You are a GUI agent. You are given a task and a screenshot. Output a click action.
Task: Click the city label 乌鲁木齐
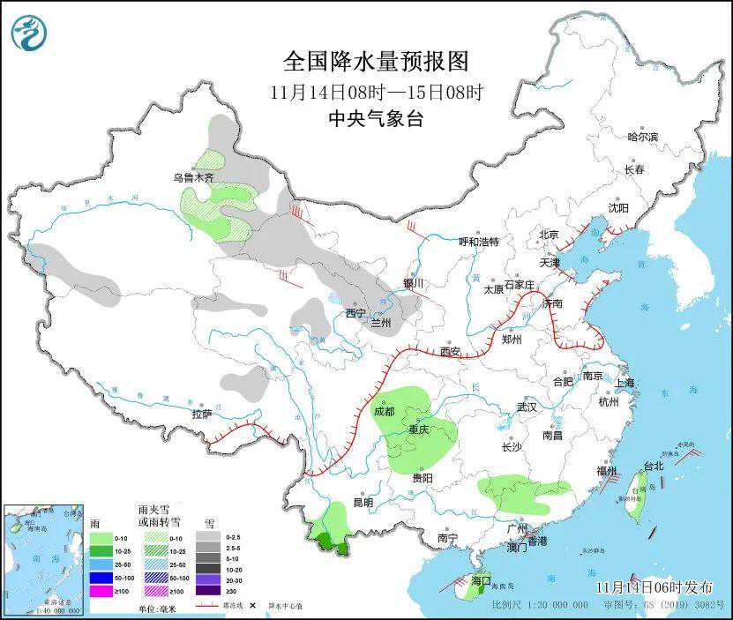(x=193, y=177)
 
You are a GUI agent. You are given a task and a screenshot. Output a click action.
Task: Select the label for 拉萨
(x=201, y=414)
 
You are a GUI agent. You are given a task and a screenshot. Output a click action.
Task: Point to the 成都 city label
(x=384, y=410)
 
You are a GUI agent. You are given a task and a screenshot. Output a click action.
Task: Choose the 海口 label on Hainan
(x=480, y=581)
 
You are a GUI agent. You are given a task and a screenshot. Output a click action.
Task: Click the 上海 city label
(x=625, y=383)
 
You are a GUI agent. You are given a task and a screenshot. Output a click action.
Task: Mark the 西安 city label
(x=451, y=352)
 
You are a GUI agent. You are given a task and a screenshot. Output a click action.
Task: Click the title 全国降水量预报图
(x=375, y=61)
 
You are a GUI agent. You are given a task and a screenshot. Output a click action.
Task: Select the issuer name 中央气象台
(x=375, y=119)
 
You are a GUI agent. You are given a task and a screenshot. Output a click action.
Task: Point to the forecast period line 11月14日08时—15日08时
(x=375, y=91)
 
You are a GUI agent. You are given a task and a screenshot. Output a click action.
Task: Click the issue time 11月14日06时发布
(x=653, y=586)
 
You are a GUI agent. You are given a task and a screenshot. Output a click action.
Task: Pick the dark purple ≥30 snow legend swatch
(x=209, y=590)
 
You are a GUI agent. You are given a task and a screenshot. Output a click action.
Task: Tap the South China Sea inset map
(x=44, y=558)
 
